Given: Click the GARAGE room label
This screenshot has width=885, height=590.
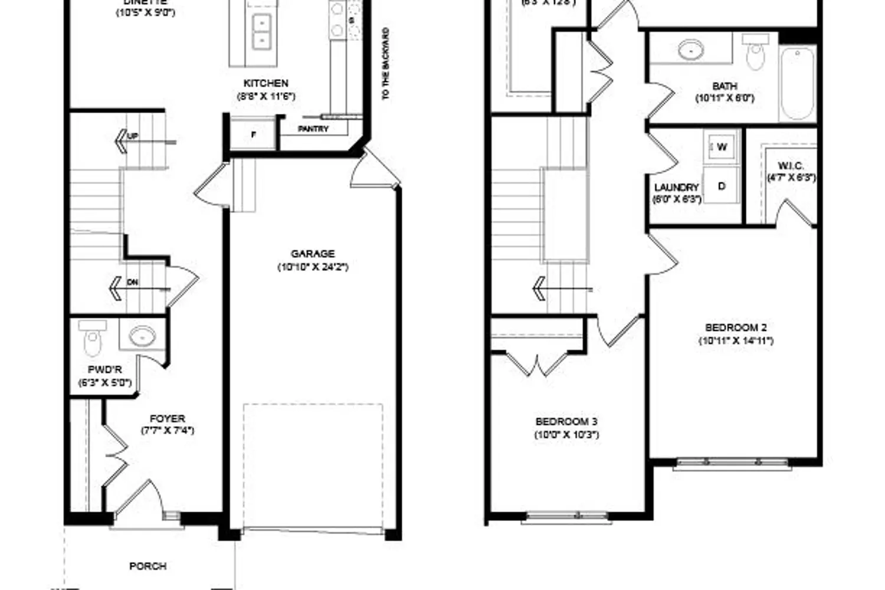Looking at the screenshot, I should [x=313, y=254].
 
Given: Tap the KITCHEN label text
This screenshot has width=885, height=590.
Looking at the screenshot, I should [x=266, y=83].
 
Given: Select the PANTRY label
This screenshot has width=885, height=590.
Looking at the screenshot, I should [x=313, y=129].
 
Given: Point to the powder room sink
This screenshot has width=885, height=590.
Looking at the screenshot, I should [x=142, y=336].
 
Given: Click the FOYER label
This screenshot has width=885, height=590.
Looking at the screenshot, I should [x=167, y=418].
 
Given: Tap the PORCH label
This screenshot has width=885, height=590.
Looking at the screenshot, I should [x=147, y=566].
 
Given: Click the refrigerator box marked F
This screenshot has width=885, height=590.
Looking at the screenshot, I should [x=254, y=135].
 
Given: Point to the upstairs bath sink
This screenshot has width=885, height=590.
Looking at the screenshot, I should [x=690, y=50].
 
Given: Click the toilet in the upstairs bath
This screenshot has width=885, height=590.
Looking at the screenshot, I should [x=755, y=51].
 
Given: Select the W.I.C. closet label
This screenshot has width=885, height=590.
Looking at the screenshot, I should [x=791, y=166].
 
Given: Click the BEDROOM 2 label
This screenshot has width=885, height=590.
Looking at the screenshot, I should [x=736, y=327].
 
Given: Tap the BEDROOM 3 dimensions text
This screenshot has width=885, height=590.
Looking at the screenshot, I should [x=566, y=435].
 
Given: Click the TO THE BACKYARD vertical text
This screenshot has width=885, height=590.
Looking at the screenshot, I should [x=386, y=64].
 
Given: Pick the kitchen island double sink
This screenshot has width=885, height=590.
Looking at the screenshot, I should [x=260, y=31].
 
